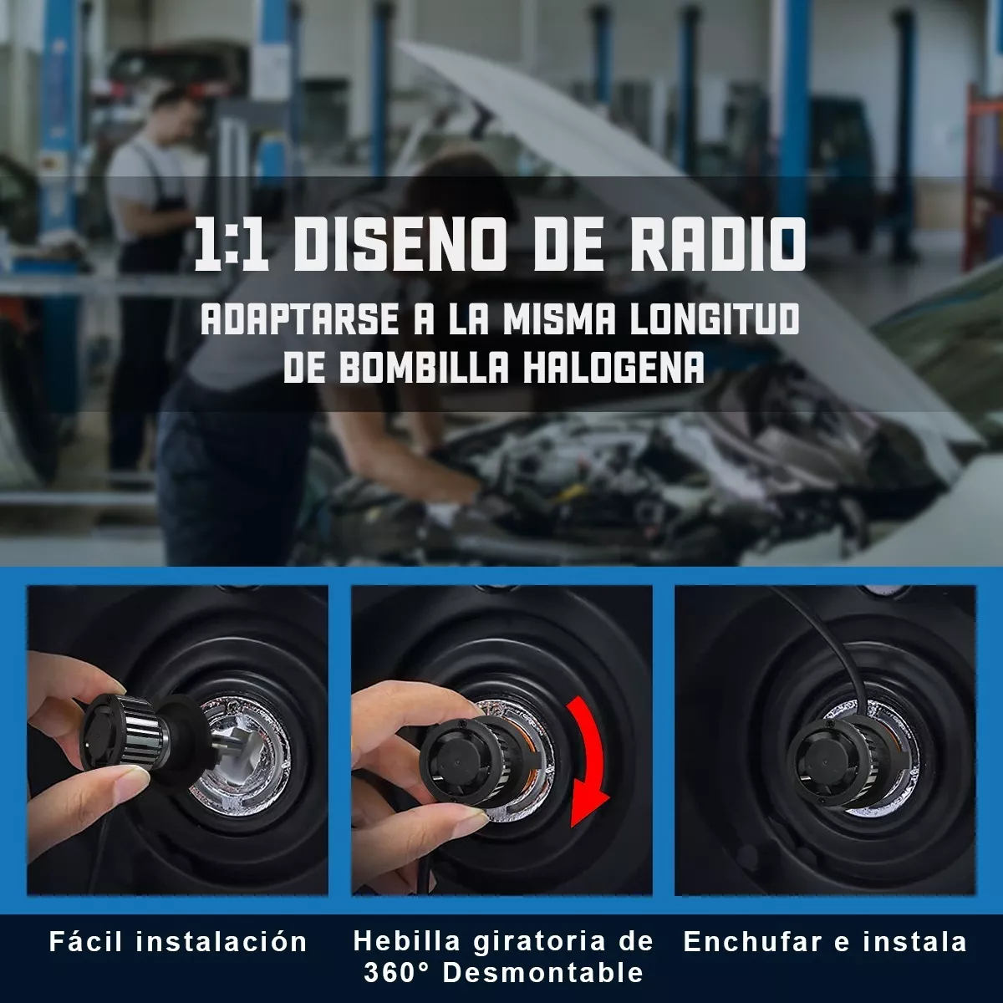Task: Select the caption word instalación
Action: click(x=221, y=942)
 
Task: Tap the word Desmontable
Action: click(x=542, y=973)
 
